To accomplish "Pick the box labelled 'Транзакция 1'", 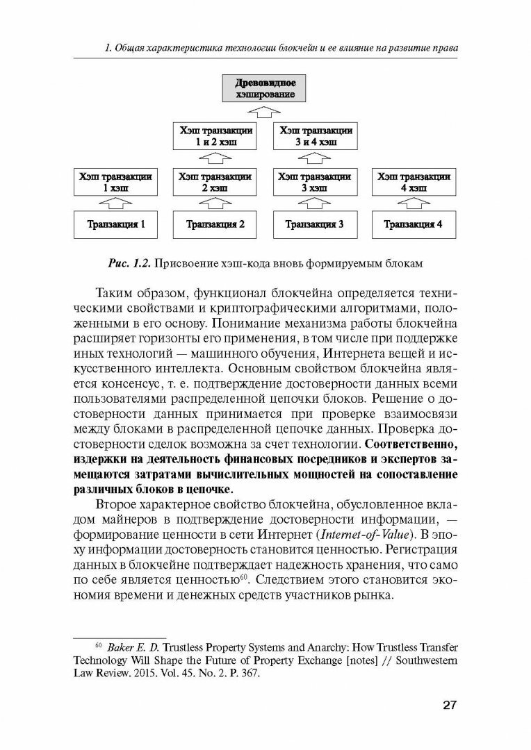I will tap(115, 224).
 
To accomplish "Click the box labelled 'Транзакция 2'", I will tap(212, 224).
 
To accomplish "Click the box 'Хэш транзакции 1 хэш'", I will tap(115, 182).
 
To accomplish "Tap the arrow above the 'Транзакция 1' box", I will tap(115, 203).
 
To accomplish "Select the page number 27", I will tap(448, 706).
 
